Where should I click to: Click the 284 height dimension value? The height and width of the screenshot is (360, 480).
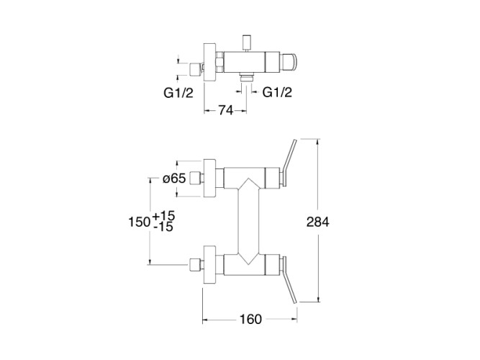(317, 222)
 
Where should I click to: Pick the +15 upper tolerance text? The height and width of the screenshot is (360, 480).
(164, 215)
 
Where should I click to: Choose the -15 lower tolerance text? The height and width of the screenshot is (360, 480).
(163, 227)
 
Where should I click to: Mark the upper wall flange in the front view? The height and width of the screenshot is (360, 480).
(209, 178)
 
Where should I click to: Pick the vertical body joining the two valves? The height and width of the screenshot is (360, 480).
(247, 220)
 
